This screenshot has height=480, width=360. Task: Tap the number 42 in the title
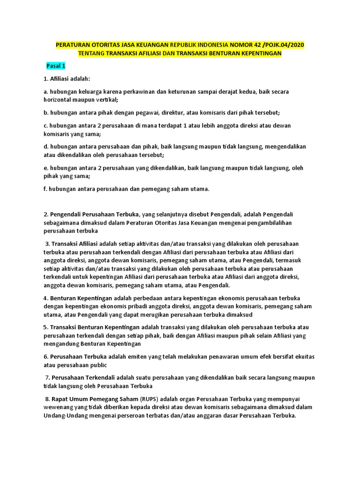(255, 45)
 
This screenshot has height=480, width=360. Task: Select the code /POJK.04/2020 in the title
(284, 45)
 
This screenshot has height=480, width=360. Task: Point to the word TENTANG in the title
(94, 53)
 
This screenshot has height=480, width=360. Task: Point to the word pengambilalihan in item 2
(270, 223)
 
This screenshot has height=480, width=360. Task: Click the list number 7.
(47, 377)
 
